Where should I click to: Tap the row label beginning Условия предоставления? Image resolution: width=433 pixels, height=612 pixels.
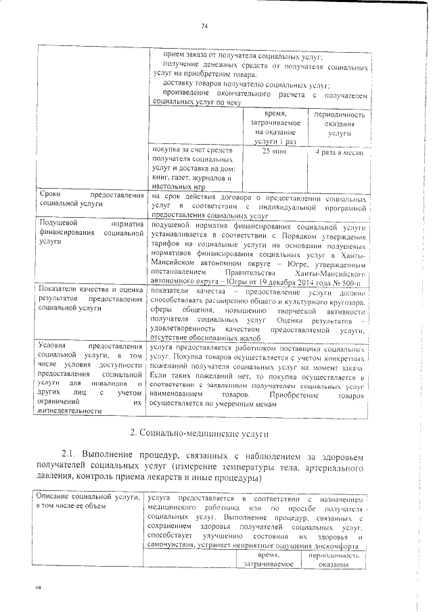(91, 377)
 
